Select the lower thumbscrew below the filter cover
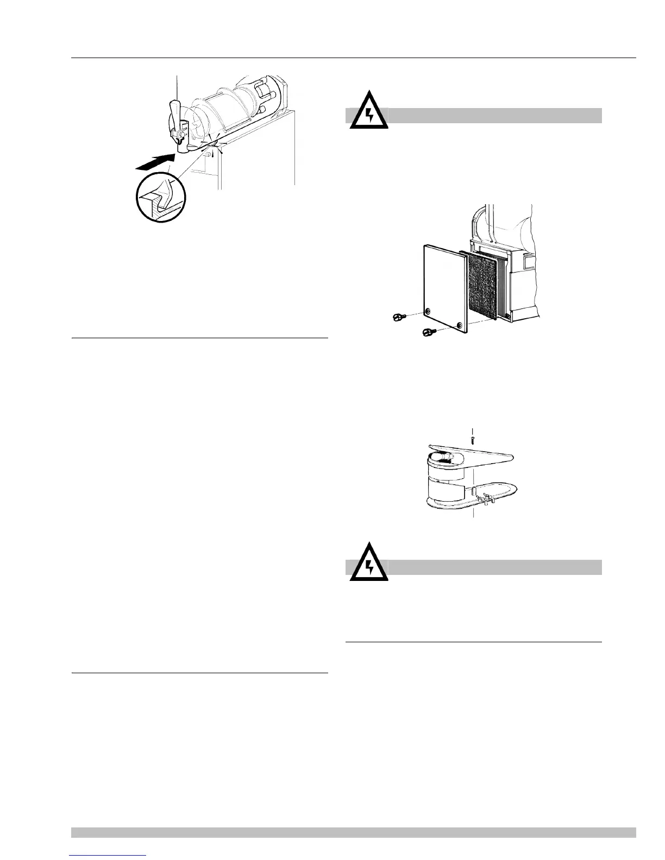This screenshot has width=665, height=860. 429,331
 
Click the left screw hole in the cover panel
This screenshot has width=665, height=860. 429,311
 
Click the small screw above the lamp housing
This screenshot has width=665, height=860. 473,437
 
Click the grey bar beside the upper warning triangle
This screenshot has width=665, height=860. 494,115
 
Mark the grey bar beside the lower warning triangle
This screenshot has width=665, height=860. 494,567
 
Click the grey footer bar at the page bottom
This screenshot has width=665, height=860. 353,832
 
